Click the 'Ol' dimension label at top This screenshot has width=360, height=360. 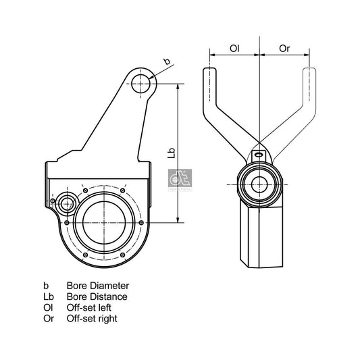[x=234, y=49]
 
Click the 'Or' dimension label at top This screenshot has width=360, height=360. [x=284, y=49]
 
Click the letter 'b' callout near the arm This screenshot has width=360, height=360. [x=167, y=63]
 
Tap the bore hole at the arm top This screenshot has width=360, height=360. [x=140, y=84]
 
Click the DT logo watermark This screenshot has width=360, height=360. [x=178, y=180]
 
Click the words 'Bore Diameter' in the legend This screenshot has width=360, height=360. [x=97, y=286]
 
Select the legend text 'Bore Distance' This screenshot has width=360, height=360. [x=97, y=297]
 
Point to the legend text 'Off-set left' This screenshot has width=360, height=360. [x=92, y=307]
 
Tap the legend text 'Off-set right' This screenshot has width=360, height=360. [x=95, y=318]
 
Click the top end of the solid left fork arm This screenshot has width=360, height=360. [x=210, y=73]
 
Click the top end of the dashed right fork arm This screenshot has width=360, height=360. [x=309, y=73]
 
